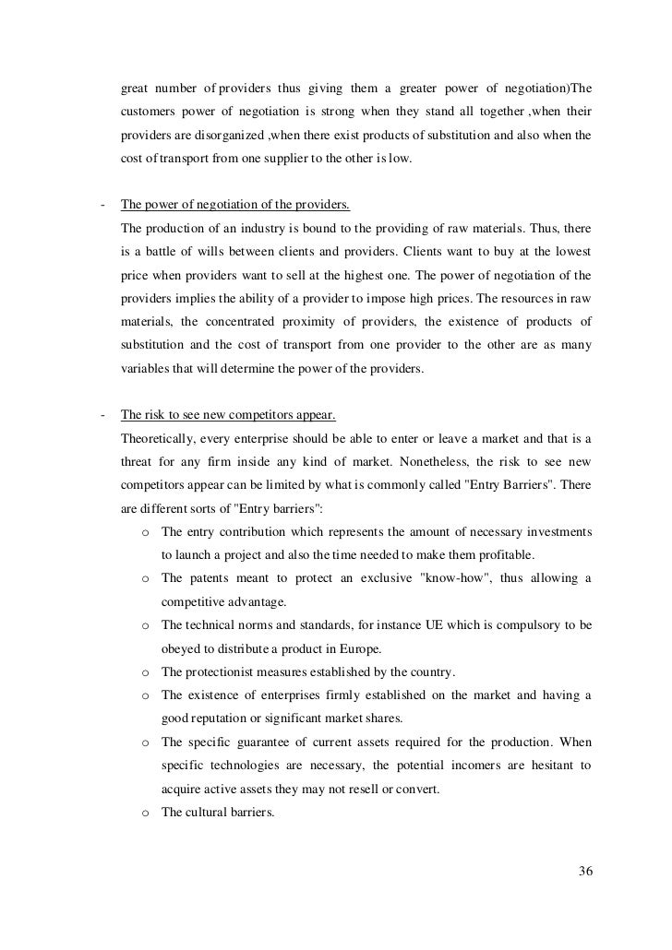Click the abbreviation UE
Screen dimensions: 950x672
point(434,625)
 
